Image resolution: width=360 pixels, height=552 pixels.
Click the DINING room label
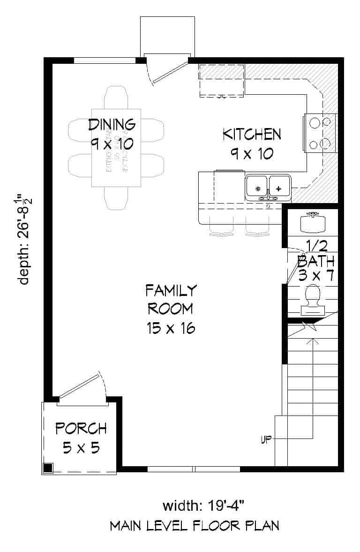112,124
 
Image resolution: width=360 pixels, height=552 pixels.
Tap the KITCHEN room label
252,134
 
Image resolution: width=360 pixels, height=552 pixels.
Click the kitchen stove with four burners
321,132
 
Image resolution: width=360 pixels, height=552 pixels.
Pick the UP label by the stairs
266,440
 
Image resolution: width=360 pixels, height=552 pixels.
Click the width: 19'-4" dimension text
204,506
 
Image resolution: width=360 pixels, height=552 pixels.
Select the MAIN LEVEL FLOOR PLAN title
195,526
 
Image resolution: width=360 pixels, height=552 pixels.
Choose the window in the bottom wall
194,469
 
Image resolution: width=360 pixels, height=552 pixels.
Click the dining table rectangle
116,148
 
